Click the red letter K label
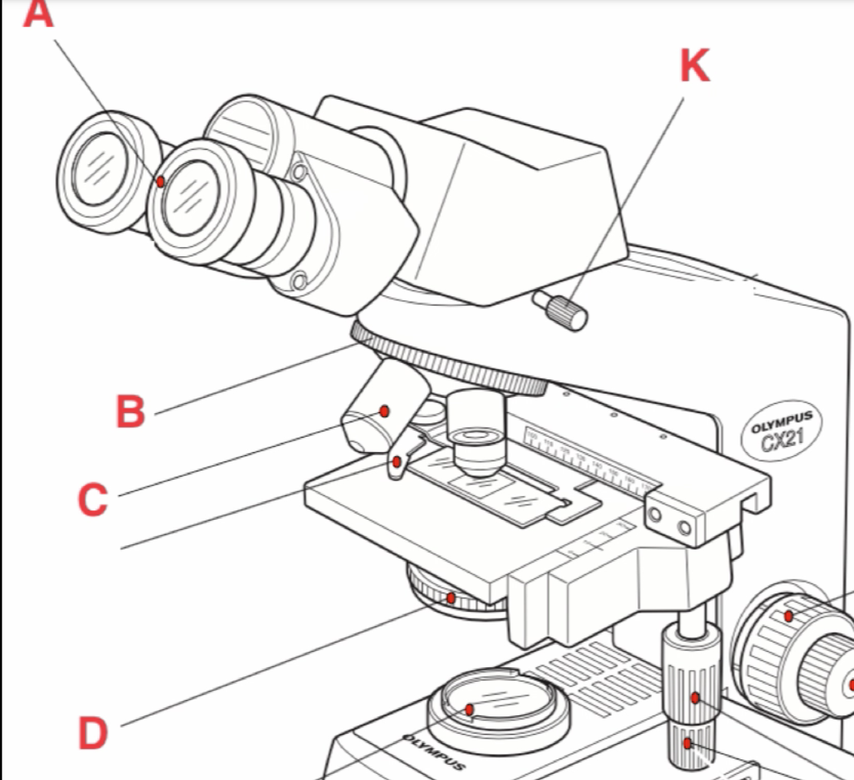tap(694, 66)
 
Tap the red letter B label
tap(131, 411)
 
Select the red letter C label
tap(93, 500)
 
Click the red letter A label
tap(38, 13)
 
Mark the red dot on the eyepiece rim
tap(161, 182)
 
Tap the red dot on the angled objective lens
tap(386, 411)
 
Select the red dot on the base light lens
tap(469, 709)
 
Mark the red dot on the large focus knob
tap(789, 616)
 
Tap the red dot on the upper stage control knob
tap(694, 698)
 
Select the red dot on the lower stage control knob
tap(688, 742)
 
